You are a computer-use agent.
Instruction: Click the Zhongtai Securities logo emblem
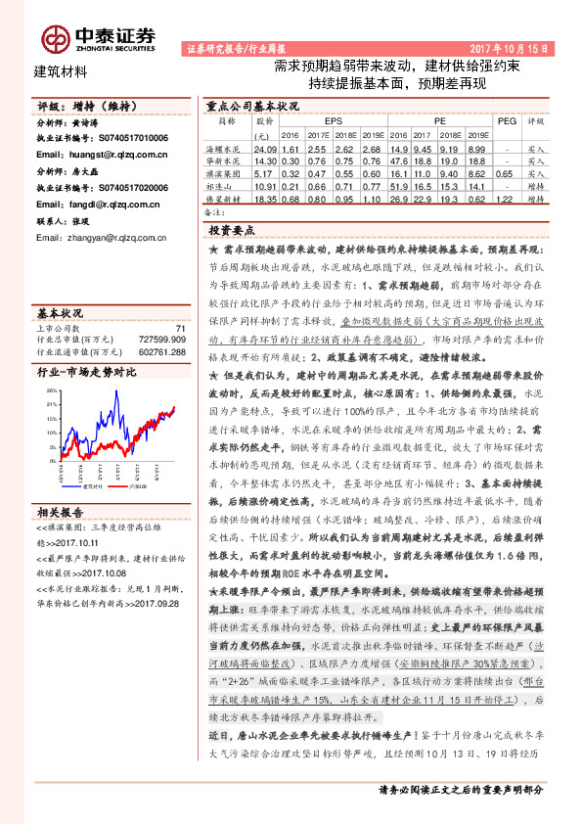(x=55, y=37)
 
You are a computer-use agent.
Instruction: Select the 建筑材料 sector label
(x=61, y=70)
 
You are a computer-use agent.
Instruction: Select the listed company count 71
(x=179, y=330)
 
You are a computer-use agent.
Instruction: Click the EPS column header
(x=319, y=122)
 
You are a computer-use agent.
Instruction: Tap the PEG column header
(x=506, y=122)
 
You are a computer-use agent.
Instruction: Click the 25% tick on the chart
(x=49, y=389)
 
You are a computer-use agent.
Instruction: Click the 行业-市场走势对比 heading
(x=85, y=372)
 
